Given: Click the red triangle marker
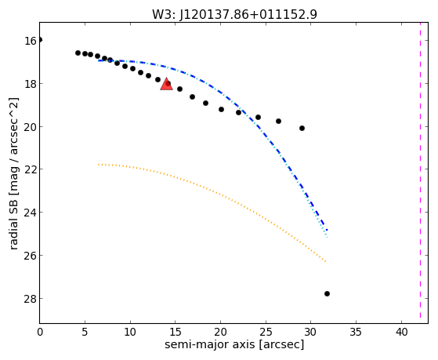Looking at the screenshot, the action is (x=166, y=85).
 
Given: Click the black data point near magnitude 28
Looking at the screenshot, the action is (x=327, y=293).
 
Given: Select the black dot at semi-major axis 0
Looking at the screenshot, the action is (x=40, y=40).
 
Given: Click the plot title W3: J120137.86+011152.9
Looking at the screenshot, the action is (x=234, y=15).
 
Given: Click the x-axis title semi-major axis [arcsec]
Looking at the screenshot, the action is (x=234, y=344).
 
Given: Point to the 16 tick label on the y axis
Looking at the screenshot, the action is (x=31, y=41).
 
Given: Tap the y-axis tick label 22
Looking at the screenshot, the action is (x=31, y=169).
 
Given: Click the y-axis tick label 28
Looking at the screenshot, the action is (x=31, y=299).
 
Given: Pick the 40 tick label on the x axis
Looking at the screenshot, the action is (x=401, y=332).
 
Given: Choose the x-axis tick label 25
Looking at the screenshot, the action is (x=266, y=332).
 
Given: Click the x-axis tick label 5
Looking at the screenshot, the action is (x=85, y=332).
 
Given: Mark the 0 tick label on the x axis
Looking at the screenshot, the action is (x=40, y=332).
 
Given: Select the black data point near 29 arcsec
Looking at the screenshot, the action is (x=302, y=128).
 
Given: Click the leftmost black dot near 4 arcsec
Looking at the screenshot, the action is (x=78, y=53).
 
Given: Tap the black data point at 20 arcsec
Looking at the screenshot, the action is (x=221, y=109).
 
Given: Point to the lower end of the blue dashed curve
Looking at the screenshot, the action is (x=327, y=231).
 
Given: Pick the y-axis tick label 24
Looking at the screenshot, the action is (x=31, y=213).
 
